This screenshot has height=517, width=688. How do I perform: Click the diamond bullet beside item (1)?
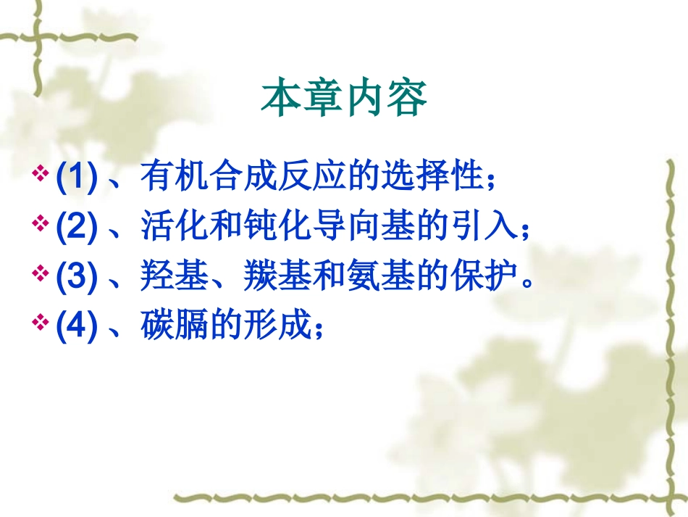coord(41,175)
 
